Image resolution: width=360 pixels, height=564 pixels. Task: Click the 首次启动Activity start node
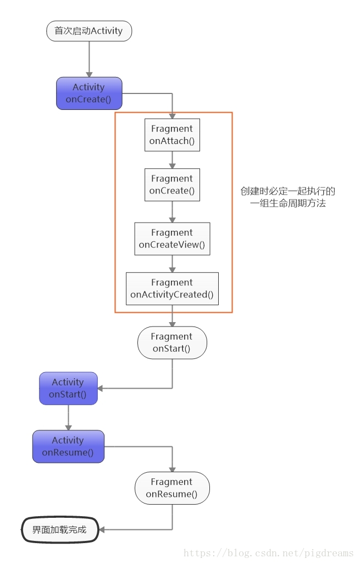tap(89, 31)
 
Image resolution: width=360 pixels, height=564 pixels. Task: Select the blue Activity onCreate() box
tap(89, 93)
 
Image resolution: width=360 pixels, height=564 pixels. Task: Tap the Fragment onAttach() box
tap(172, 135)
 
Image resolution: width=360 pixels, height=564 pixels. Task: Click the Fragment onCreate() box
tap(172, 185)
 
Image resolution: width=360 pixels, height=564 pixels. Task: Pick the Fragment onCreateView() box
tap(172, 239)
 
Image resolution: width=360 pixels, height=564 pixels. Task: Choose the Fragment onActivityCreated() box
tap(172, 289)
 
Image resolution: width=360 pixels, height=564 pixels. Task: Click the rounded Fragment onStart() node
tap(172, 342)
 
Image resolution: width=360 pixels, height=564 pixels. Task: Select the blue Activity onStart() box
tap(68, 388)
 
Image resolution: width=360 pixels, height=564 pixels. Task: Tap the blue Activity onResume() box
tap(68, 446)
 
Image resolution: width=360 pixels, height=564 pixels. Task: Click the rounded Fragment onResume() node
tap(172, 488)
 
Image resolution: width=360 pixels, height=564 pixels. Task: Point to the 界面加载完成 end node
tap(59, 530)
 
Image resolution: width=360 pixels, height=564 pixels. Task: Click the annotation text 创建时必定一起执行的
tap(288, 191)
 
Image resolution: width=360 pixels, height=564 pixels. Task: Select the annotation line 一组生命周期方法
tap(288, 204)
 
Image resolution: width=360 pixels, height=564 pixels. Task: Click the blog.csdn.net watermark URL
tap(269, 553)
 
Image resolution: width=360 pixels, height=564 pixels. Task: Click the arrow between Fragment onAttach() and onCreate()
tap(172, 160)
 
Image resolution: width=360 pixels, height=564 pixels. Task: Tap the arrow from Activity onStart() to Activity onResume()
tap(68, 418)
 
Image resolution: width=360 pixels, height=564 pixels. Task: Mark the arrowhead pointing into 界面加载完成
tap(102, 530)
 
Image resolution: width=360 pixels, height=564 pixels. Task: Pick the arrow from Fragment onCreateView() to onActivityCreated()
tap(172, 264)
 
